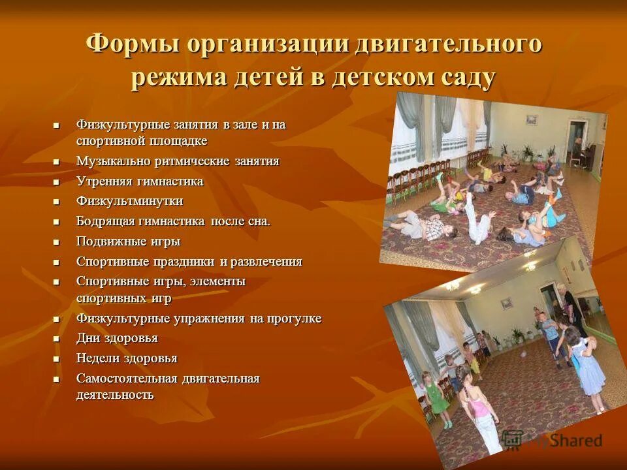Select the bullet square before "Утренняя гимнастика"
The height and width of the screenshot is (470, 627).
(56, 182)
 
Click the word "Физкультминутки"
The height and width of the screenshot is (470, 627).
(129, 201)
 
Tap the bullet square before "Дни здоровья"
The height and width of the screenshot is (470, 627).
(56, 339)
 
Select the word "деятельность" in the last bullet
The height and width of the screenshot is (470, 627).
(115, 394)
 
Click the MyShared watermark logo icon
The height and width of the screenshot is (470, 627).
(513, 440)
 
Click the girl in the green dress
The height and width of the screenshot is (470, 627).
(436, 399)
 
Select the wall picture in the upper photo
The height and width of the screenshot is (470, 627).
(532, 120)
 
